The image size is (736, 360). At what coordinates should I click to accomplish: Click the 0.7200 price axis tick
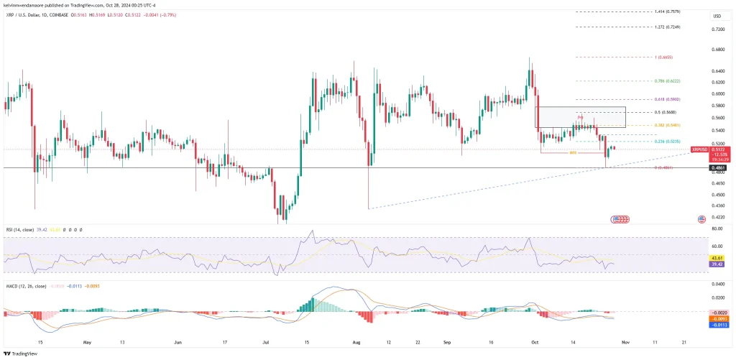coord(717,29)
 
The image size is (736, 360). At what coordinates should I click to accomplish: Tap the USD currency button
coord(717,16)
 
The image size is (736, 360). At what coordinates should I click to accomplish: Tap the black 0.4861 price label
coord(717,168)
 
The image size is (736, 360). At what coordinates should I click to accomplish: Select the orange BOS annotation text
coord(573,153)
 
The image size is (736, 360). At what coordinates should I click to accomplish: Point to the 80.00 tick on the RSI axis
coord(717,229)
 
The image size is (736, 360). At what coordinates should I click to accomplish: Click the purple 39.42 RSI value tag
coord(717,264)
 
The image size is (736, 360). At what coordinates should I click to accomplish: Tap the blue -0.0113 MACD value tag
coord(717,324)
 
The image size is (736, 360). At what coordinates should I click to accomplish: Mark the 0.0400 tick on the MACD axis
coord(717,285)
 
